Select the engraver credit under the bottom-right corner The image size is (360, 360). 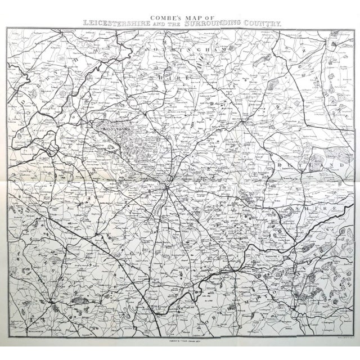tap(338, 340)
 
